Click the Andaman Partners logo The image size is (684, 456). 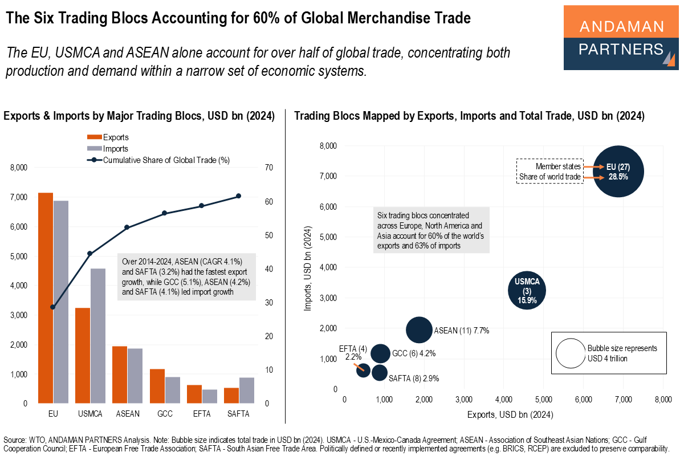pos(621,38)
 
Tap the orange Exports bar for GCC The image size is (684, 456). pos(157,386)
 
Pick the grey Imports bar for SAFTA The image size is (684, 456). pos(247,390)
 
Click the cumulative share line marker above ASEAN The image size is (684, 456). pos(127,227)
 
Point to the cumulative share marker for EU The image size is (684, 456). pos(53,307)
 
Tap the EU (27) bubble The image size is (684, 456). pos(618,171)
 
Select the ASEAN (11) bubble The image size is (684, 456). pos(418,330)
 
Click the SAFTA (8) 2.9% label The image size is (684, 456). pos(413,378)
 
